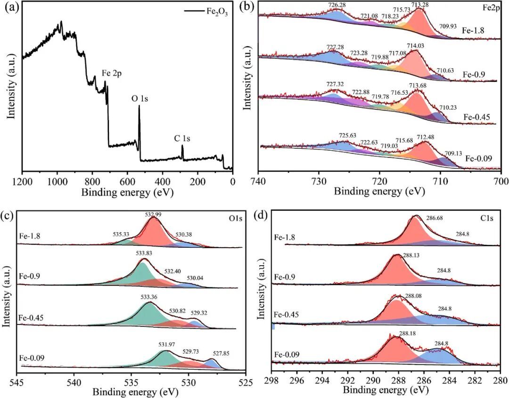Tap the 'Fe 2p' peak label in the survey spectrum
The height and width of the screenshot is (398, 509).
coord(112,74)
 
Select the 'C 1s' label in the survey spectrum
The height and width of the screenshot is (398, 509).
coord(183,138)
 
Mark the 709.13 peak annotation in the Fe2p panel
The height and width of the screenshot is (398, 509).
coord(454,153)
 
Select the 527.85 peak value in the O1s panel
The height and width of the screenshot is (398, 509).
coord(220,354)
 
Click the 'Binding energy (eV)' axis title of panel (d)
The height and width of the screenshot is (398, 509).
coord(386,390)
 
